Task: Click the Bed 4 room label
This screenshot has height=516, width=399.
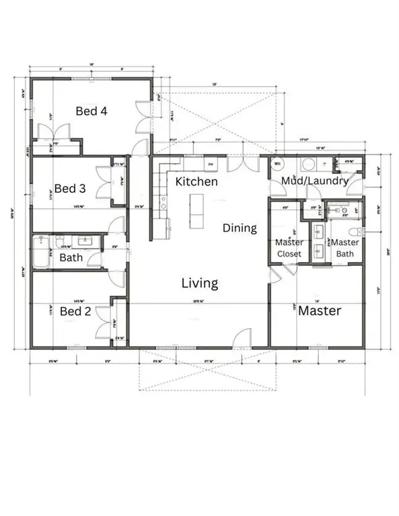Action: (92, 111)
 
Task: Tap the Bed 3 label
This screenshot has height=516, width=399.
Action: (70, 188)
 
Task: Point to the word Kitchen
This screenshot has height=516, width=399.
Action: (196, 181)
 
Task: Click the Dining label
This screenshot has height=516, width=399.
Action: (240, 228)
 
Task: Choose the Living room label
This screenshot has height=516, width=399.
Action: (200, 283)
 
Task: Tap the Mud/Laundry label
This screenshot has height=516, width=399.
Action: (316, 181)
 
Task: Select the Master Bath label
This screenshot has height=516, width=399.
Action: (345, 247)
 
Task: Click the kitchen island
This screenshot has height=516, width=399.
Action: (196, 210)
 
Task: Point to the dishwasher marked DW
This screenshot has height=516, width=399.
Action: (210, 163)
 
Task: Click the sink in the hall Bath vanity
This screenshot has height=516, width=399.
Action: (86, 240)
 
